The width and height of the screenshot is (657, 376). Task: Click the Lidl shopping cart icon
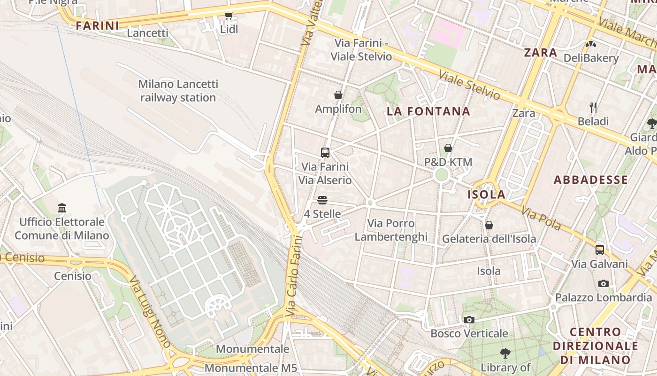pyautogui.click(x=229, y=16)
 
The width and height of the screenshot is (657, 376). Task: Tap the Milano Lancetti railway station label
pyautogui.click(x=178, y=91)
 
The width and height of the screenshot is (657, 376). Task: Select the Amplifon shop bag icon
pyautogui.click(x=338, y=95)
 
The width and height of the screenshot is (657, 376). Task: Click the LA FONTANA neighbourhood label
pyautogui.click(x=428, y=111)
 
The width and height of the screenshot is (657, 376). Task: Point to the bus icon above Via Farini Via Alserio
pyautogui.click(x=325, y=152)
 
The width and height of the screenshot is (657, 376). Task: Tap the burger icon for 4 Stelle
pyautogui.click(x=322, y=200)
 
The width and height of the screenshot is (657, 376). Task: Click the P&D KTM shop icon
pyautogui.click(x=448, y=148)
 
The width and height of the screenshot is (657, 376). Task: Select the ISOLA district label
pyautogui.click(x=487, y=195)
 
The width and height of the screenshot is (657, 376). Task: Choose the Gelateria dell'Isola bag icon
pyautogui.click(x=489, y=225)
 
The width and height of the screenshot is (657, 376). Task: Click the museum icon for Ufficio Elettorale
pyautogui.click(x=62, y=208)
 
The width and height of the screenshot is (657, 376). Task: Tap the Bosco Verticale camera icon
pyautogui.click(x=469, y=320)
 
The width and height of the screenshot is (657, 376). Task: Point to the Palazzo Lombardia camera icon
pyautogui.click(x=604, y=283)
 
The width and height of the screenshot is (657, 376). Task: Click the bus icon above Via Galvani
pyautogui.click(x=599, y=250)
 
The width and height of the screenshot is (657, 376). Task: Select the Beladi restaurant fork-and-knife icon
pyautogui.click(x=593, y=108)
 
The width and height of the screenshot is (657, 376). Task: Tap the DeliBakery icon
pyautogui.click(x=590, y=44)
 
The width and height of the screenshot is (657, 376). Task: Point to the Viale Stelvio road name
pyautogui.click(x=469, y=85)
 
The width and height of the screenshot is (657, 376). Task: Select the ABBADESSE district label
pyautogui.click(x=590, y=180)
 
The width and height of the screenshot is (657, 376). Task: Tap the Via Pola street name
pyautogui.click(x=541, y=219)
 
